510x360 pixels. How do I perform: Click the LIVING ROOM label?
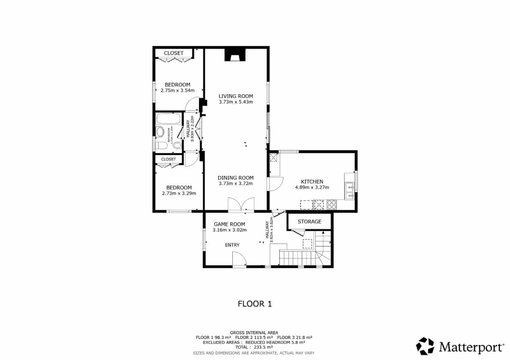point(236,96)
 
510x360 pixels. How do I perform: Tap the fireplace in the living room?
point(235,55)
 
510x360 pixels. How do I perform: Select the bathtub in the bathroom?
point(168,119)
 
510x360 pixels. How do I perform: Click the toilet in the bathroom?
point(161,146)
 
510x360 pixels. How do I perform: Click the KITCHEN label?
point(312,181)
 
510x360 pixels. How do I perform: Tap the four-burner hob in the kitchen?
point(331,204)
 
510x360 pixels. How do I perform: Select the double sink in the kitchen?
point(350,191)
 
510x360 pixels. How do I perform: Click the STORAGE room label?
point(310,221)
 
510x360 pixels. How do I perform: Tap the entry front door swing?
point(239,259)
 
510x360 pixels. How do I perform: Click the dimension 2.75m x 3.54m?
point(178,90)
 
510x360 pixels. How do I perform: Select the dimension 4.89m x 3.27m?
point(312,187)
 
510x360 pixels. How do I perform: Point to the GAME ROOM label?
point(229,224)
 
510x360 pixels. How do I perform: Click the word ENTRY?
point(232,245)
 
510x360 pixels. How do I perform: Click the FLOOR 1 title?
point(255,304)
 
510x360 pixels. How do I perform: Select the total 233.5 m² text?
point(254,347)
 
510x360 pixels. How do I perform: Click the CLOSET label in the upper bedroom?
point(174,53)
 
